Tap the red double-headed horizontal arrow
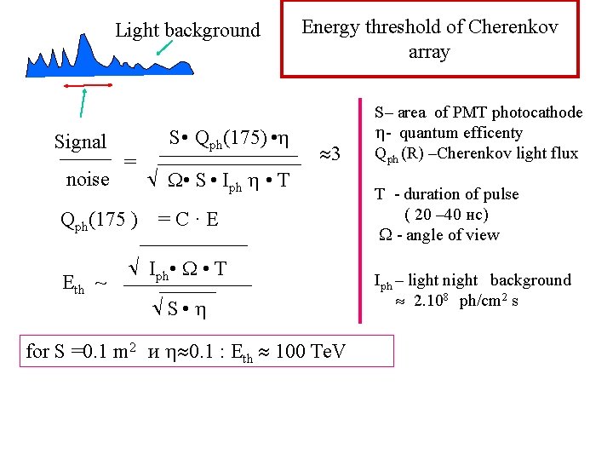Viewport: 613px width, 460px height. point(86,86)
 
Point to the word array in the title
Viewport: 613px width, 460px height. point(428,52)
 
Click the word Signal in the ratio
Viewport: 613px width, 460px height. point(80,141)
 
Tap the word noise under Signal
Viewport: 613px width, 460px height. point(88,179)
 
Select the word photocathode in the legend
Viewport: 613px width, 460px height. point(540,112)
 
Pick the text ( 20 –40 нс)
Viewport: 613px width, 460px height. point(446,214)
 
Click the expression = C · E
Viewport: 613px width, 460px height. point(188,220)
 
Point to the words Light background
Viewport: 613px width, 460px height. point(187,31)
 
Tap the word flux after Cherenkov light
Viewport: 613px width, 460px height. point(563,153)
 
